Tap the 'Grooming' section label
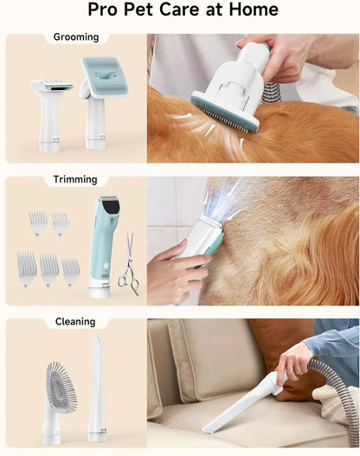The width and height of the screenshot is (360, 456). (x=75, y=38)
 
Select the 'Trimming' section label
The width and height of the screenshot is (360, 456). (x=75, y=180)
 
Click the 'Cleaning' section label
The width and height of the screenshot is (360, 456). (x=75, y=322)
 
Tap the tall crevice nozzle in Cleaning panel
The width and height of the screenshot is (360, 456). (x=95, y=387)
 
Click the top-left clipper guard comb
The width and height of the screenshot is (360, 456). (x=38, y=222)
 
